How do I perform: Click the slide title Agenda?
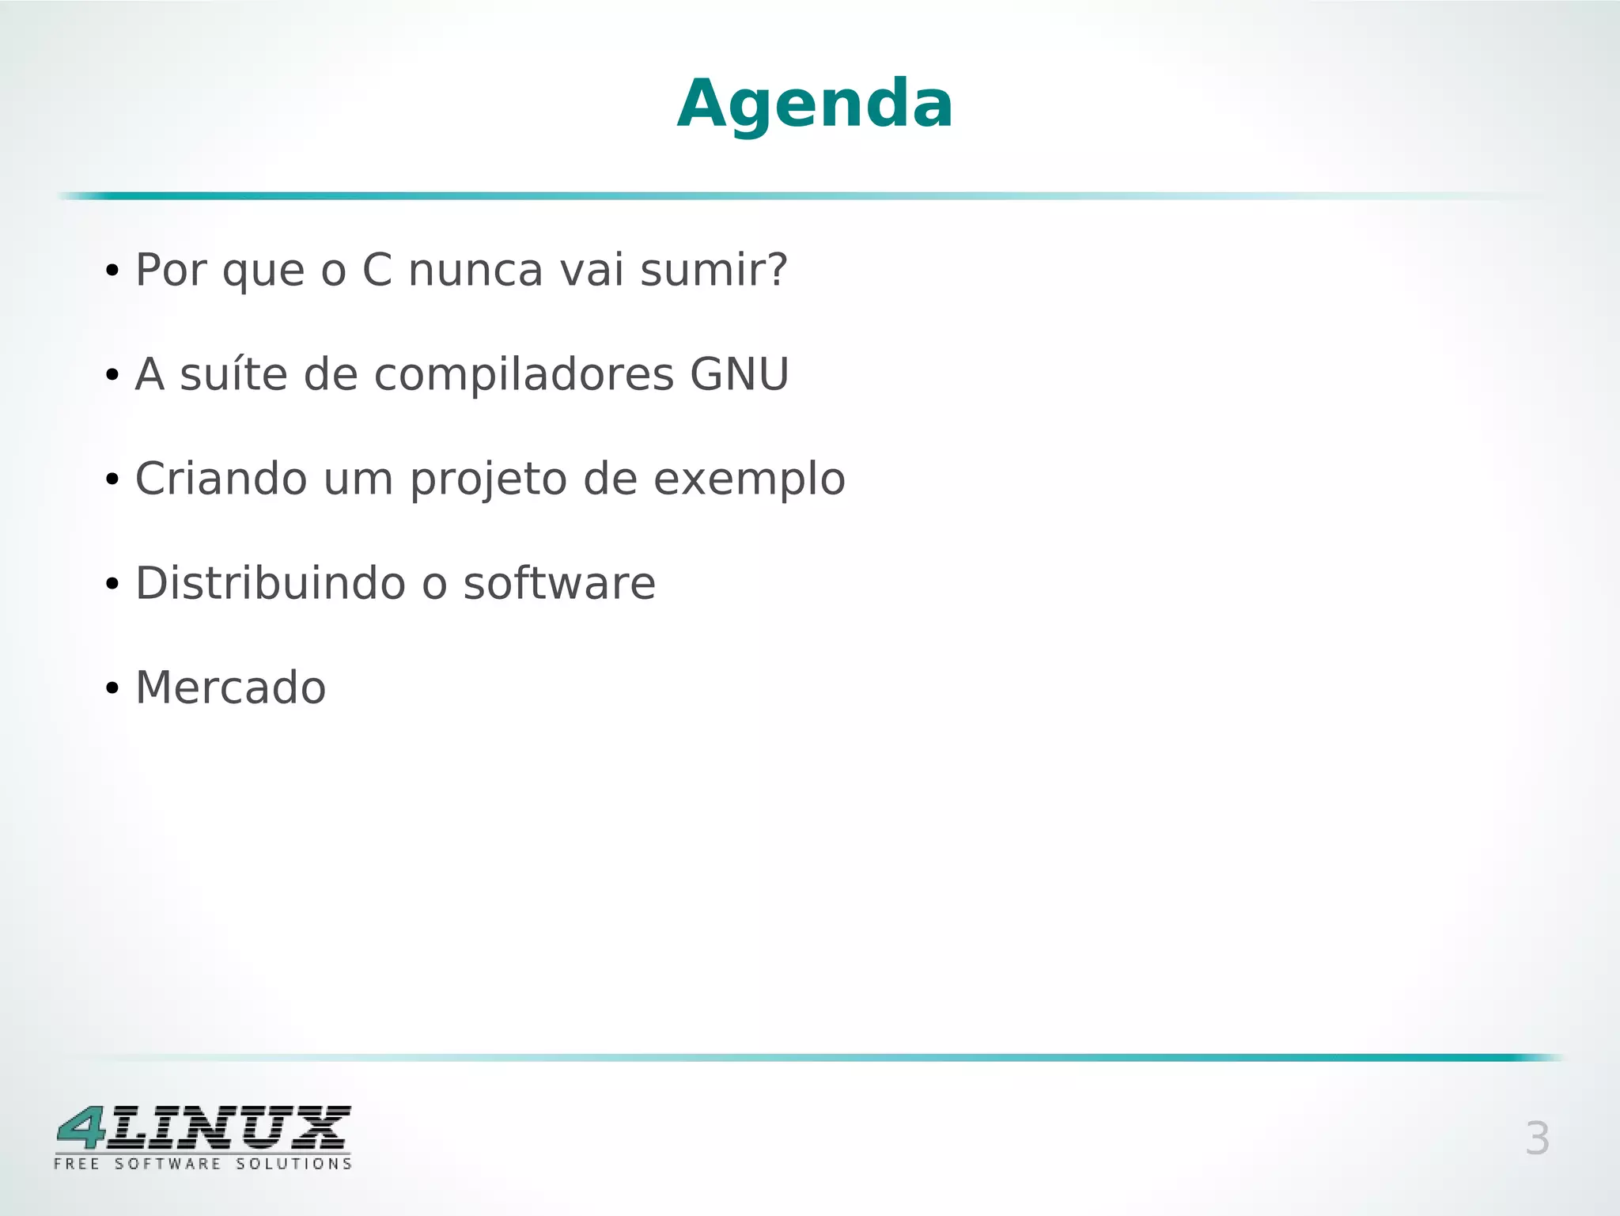point(815,104)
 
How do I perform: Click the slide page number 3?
point(1536,1139)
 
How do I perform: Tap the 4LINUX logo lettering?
point(203,1128)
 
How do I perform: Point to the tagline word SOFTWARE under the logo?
point(168,1164)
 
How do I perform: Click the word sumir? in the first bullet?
point(713,270)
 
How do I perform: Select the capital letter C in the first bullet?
point(377,270)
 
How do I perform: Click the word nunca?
point(475,270)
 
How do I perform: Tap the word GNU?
point(739,374)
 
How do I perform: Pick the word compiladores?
point(524,376)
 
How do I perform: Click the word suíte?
point(233,374)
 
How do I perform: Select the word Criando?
point(221,479)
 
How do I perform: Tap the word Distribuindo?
point(270,583)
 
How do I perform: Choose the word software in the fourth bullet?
point(559,583)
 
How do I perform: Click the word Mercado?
point(230,688)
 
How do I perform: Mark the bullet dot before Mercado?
point(112,689)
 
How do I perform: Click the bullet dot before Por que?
point(112,271)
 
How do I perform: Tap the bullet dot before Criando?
point(112,480)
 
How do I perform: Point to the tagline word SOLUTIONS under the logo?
point(293,1164)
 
